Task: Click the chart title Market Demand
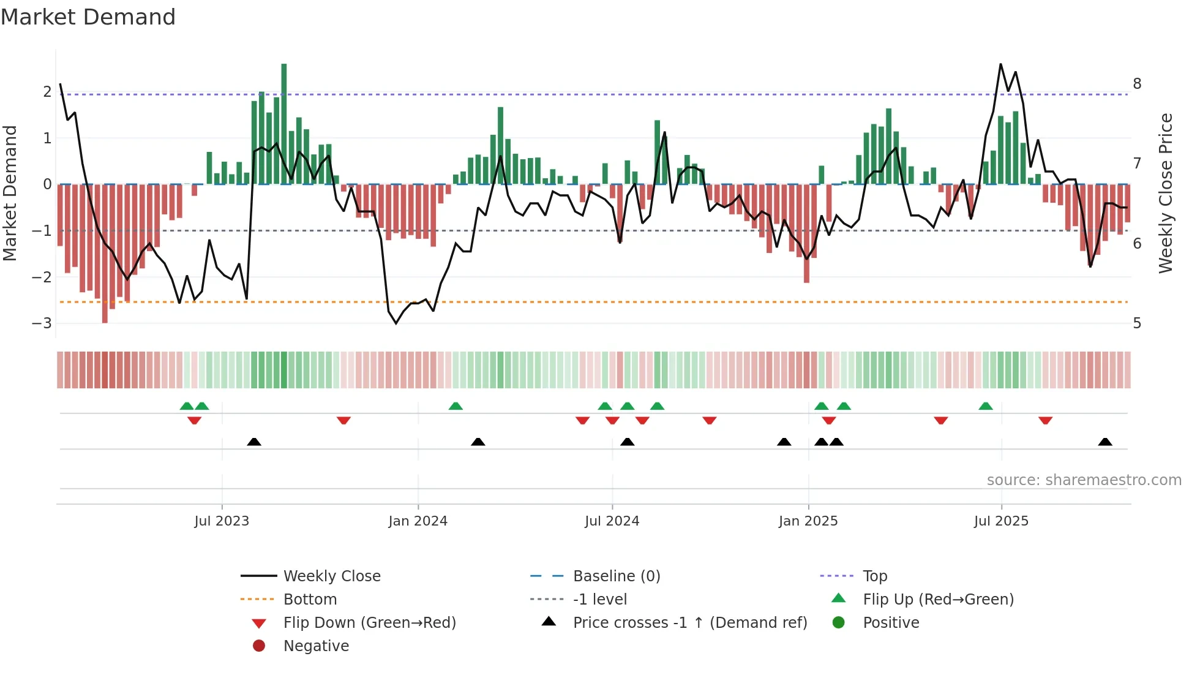pyautogui.click(x=88, y=17)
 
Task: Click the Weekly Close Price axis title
pyautogui.click(x=1166, y=193)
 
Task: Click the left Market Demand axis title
pyautogui.click(x=10, y=193)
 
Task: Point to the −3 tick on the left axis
pyautogui.click(x=42, y=323)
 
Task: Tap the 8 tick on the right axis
pyautogui.click(x=1137, y=83)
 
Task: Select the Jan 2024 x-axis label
pyautogui.click(x=418, y=521)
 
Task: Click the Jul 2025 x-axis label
pyautogui.click(x=1001, y=521)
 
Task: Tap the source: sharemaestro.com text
pyautogui.click(x=1084, y=480)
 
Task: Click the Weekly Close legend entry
pyautogui.click(x=331, y=576)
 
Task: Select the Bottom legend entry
pyautogui.click(x=310, y=599)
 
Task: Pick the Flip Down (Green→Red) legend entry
pyautogui.click(x=369, y=622)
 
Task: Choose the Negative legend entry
pyautogui.click(x=316, y=646)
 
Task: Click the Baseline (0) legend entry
pyautogui.click(x=616, y=576)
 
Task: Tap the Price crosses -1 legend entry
pyautogui.click(x=689, y=622)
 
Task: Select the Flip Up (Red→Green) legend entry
pyautogui.click(x=938, y=599)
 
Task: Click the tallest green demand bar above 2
pyautogui.click(x=284, y=123)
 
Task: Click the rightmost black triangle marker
pyautogui.click(x=1105, y=442)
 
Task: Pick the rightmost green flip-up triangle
pyautogui.click(x=985, y=406)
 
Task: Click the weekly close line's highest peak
pyautogui.click(x=1000, y=64)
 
